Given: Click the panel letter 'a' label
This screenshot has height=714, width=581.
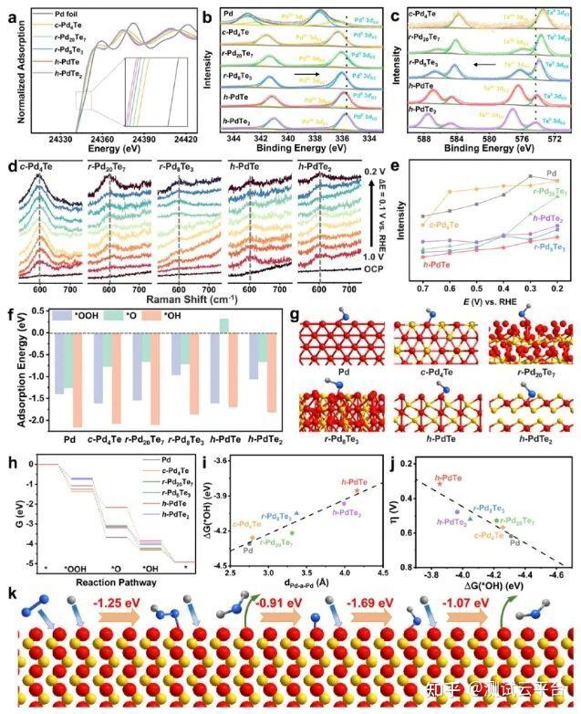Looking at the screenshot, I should coord(10,12).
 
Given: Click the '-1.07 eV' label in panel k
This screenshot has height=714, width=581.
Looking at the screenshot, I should coord(470,604).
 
